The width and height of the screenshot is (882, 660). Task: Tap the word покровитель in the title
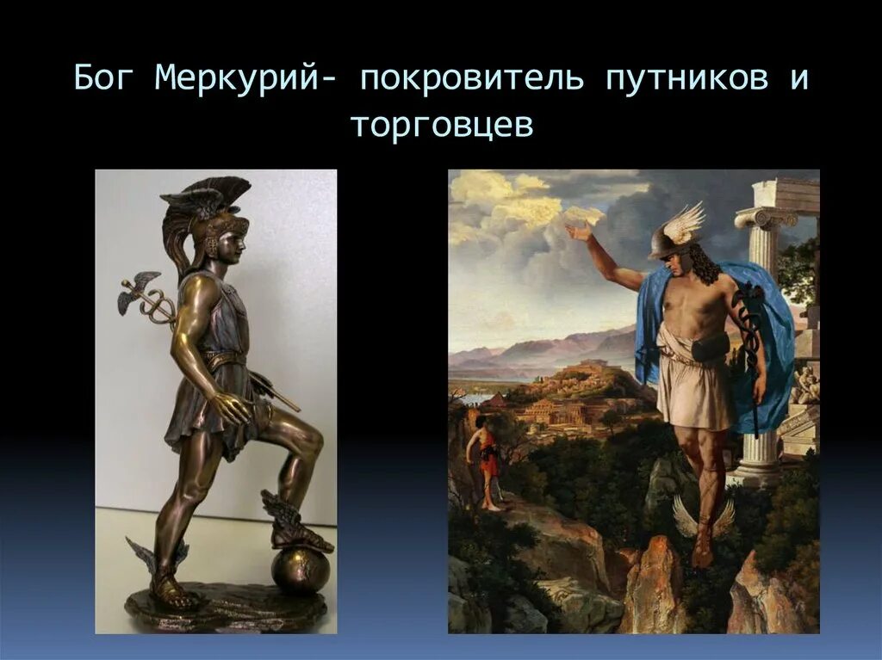(472, 80)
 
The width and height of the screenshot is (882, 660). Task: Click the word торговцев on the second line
(442, 126)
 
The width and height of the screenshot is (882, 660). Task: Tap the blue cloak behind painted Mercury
(775, 344)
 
